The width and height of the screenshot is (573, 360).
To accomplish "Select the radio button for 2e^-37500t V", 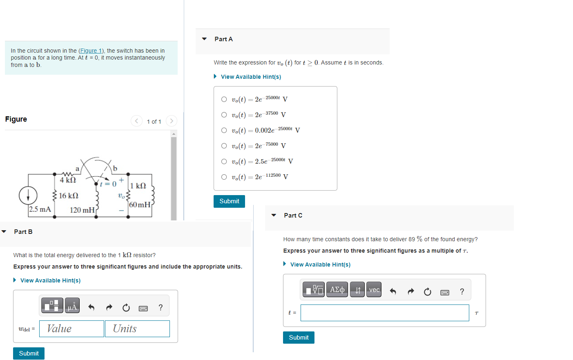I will click(x=224, y=115).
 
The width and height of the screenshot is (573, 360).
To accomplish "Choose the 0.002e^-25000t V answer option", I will click(x=224, y=130).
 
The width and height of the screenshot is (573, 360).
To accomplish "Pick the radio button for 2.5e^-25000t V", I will click(x=224, y=161).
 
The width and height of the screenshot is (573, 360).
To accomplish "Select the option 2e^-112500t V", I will click(x=224, y=177).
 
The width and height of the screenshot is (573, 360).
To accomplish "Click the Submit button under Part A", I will click(x=229, y=201).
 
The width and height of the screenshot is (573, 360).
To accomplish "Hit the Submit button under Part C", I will click(x=299, y=338).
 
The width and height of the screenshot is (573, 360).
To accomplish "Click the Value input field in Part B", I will click(x=71, y=329).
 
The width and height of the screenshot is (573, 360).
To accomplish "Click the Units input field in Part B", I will click(x=137, y=329).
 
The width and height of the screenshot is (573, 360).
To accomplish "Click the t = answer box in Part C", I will click(x=384, y=313).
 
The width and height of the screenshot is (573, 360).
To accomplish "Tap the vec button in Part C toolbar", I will click(x=374, y=290).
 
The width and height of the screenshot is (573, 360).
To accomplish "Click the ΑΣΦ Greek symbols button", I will click(x=337, y=290).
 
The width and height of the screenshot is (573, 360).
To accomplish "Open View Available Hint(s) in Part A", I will click(x=251, y=77).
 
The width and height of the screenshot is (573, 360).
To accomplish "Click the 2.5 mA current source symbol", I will click(x=28, y=196).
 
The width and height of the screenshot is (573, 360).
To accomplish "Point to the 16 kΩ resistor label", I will click(x=69, y=196).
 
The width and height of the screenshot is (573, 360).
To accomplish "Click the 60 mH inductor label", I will click(x=140, y=204).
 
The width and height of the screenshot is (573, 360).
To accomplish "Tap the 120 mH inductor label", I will click(x=82, y=210).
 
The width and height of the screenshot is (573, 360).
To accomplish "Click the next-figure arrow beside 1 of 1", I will click(x=172, y=121).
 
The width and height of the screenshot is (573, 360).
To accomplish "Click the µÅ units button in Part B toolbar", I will click(x=72, y=306).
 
